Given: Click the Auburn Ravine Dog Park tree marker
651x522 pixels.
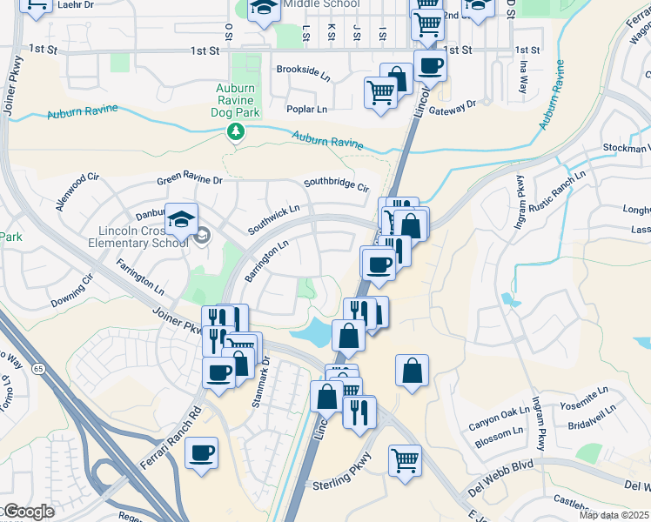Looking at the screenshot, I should tap(234, 131).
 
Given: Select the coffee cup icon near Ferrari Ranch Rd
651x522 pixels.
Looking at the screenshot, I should tap(201, 453).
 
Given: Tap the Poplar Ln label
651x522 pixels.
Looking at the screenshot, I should tap(306, 110).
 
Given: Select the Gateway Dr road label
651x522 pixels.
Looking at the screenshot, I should tap(460, 104).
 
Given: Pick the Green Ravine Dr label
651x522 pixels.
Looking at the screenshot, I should tap(190, 181).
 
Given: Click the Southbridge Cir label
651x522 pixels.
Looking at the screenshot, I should tap(336, 184).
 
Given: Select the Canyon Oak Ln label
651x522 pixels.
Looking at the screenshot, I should tap(499, 418).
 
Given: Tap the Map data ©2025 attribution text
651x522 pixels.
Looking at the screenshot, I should tap(613, 515).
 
